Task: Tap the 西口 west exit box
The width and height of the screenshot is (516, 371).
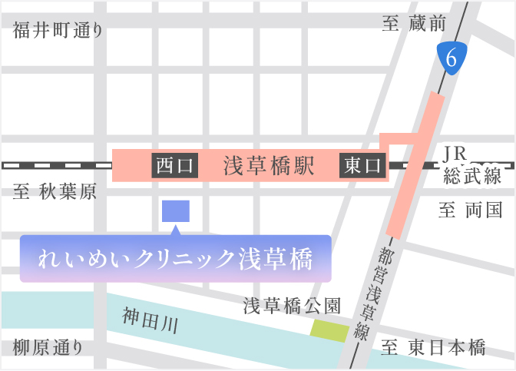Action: [176, 165]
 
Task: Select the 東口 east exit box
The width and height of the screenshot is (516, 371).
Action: [362, 165]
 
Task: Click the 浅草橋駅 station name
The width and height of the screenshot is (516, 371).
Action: [269, 165]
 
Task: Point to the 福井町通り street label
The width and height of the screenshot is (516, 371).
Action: [58, 31]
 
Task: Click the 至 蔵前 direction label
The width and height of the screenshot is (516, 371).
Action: [414, 25]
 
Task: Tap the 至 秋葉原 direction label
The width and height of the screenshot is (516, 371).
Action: [55, 192]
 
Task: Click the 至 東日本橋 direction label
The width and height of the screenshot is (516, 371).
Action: [435, 347]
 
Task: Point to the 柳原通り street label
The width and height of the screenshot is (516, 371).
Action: [48, 347]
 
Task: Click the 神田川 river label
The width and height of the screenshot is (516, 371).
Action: [150, 320]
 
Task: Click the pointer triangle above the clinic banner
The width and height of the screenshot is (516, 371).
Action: [176, 229]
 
